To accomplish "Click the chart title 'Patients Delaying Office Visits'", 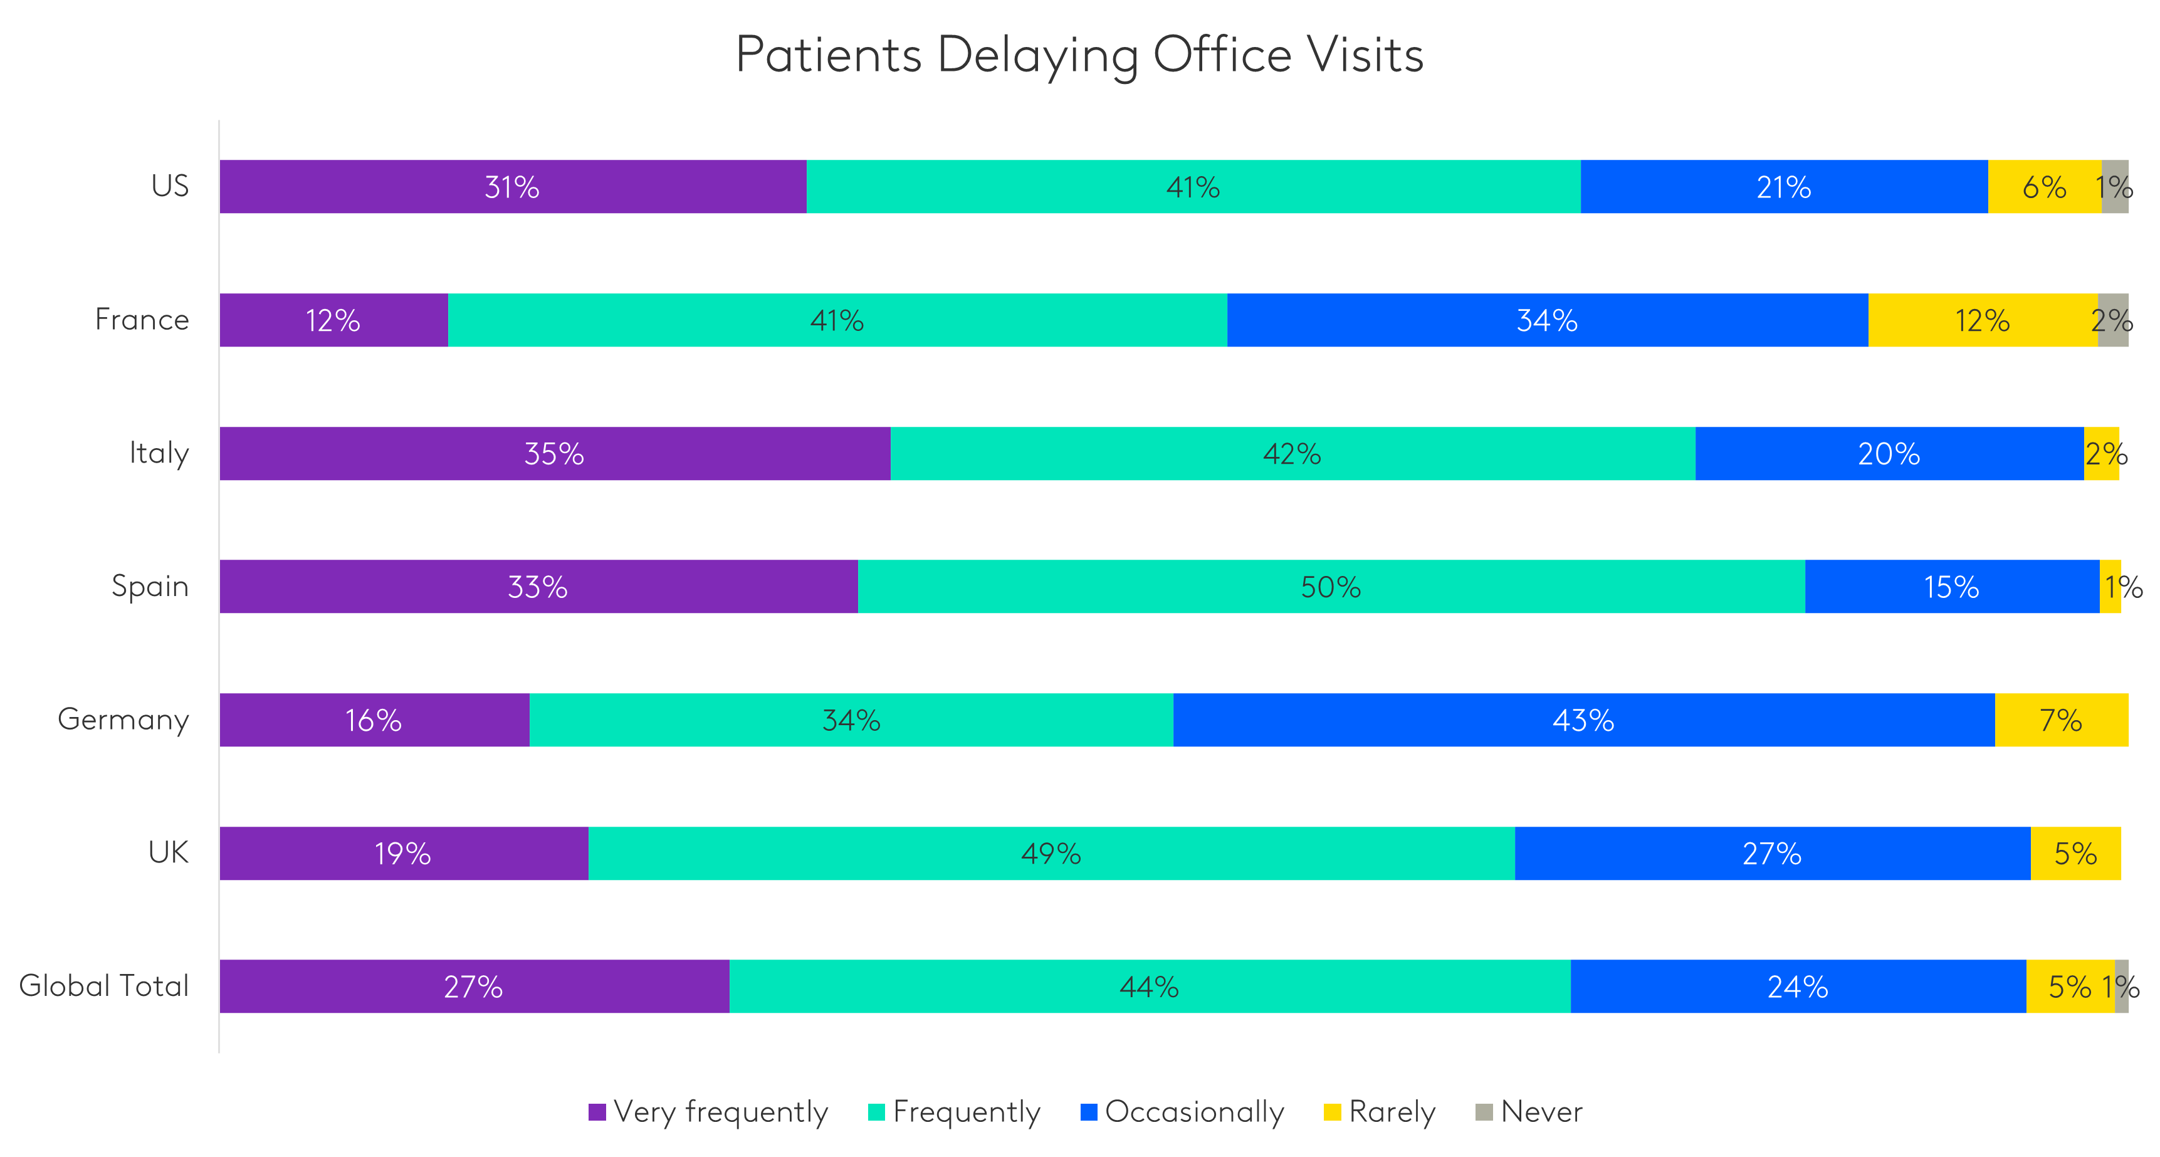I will (x=1079, y=55).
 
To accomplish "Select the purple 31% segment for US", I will (x=512, y=186).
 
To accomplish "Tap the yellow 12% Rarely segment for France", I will (x=1982, y=320).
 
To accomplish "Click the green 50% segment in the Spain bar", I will (x=1331, y=587).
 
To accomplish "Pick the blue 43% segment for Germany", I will (x=1583, y=720).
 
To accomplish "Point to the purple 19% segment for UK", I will (x=403, y=854).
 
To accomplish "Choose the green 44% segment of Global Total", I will (x=1149, y=987).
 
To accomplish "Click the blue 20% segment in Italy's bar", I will (x=1889, y=454).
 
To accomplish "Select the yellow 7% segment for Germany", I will (x=2061, y=720).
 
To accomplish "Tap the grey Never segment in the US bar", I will (x=2115, y=186).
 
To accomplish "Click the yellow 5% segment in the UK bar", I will (x=2075, y=854).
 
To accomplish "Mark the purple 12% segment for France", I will (x=333, y=320).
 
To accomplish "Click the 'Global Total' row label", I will (x=104, y=986).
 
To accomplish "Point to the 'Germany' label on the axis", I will (x=123, y=720).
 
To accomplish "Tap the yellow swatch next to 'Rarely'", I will (x=1331, y=1112).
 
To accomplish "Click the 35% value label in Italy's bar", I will (x=553, y=454).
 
